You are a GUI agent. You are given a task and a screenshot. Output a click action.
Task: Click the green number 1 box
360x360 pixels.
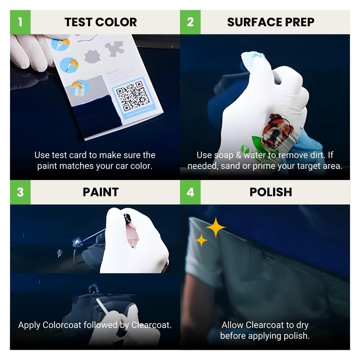tap(20, 22)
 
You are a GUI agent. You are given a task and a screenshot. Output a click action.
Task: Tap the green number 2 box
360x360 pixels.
tap(190, 22)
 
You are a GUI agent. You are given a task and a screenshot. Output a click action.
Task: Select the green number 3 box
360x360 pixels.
tap(20, 192)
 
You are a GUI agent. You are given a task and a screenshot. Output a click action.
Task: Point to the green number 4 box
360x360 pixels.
tap(190, 192)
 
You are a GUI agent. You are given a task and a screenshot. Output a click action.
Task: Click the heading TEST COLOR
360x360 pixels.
tap(100, 22)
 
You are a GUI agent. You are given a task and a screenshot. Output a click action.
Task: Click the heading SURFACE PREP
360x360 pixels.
tap(271, 22)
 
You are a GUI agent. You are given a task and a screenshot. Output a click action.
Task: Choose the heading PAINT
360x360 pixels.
tap(100, 192)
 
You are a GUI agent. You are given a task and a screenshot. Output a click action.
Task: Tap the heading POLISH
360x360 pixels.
tap(271, 192)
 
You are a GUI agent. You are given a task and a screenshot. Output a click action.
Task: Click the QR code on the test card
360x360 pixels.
tap(131, 97)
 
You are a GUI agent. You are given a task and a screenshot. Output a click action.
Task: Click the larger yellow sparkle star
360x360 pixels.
tap(215, 227)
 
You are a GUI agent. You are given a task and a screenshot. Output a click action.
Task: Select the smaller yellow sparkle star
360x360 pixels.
tap(201, 240)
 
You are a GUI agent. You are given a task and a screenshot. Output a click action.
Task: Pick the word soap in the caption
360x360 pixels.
tap(224, 155)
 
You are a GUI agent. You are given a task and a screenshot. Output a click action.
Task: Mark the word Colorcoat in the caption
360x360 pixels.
tap(62, 325)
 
